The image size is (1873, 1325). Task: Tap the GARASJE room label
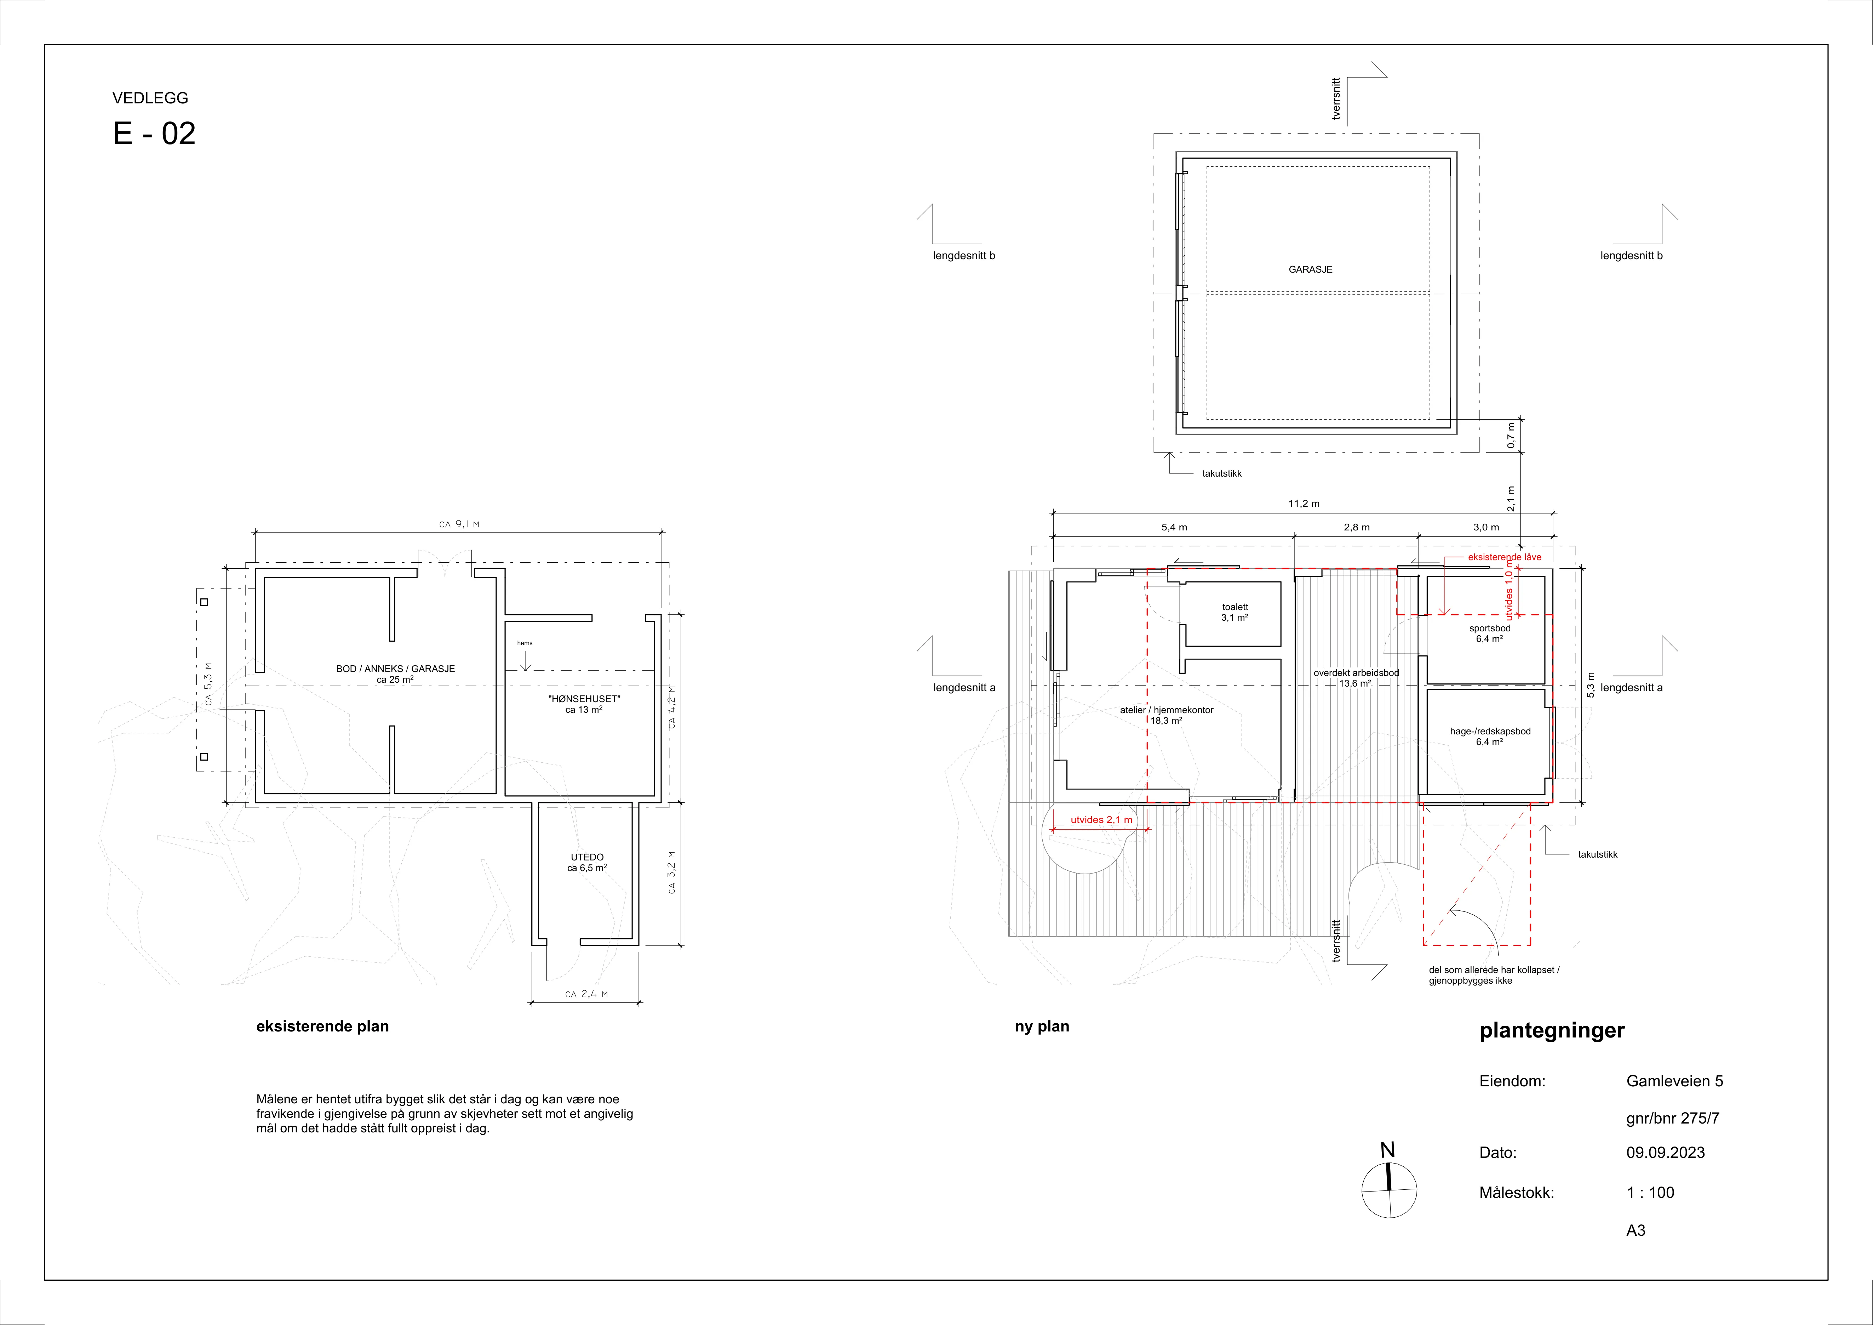pos(1310,269)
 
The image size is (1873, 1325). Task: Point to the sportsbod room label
pos(1490,628)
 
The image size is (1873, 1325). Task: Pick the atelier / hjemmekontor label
pos(1167,710)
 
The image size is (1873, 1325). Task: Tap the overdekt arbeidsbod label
pos(1356,673)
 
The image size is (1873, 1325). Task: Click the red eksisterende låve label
pos(1505,557)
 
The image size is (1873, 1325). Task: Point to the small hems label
pos(525,643)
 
